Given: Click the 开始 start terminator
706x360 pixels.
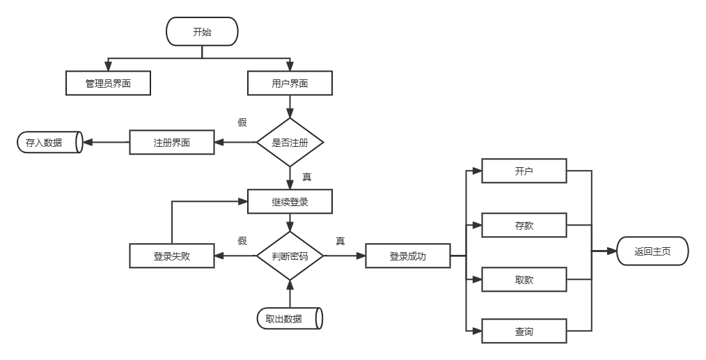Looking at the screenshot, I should pos(202,31).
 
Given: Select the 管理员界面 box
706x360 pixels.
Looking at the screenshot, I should pos(108,84).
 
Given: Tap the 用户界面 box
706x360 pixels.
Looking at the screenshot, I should pos(290,84).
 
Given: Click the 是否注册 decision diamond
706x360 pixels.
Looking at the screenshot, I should pos(290,142).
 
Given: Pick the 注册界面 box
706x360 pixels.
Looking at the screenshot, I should pos(172,143).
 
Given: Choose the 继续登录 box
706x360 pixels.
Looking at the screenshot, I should pos(290,202).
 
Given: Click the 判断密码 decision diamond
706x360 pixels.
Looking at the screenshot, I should pos(290,256).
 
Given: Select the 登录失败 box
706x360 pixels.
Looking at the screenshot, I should pos(172,256).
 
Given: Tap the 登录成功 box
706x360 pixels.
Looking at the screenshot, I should pos(407,256).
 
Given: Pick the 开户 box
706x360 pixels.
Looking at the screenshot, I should pos(524,171).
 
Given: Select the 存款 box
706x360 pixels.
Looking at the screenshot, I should pos(524,225).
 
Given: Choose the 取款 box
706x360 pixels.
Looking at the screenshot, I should pos(524,279).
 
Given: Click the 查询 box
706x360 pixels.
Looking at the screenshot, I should pos(524,331).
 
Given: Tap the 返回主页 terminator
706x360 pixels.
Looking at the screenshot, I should pos(652,251).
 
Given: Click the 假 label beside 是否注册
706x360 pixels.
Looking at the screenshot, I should pos(242,123).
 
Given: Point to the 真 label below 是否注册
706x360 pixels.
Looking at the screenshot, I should pos(306,177).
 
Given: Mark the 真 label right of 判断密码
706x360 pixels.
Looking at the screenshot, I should pos(340,241).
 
